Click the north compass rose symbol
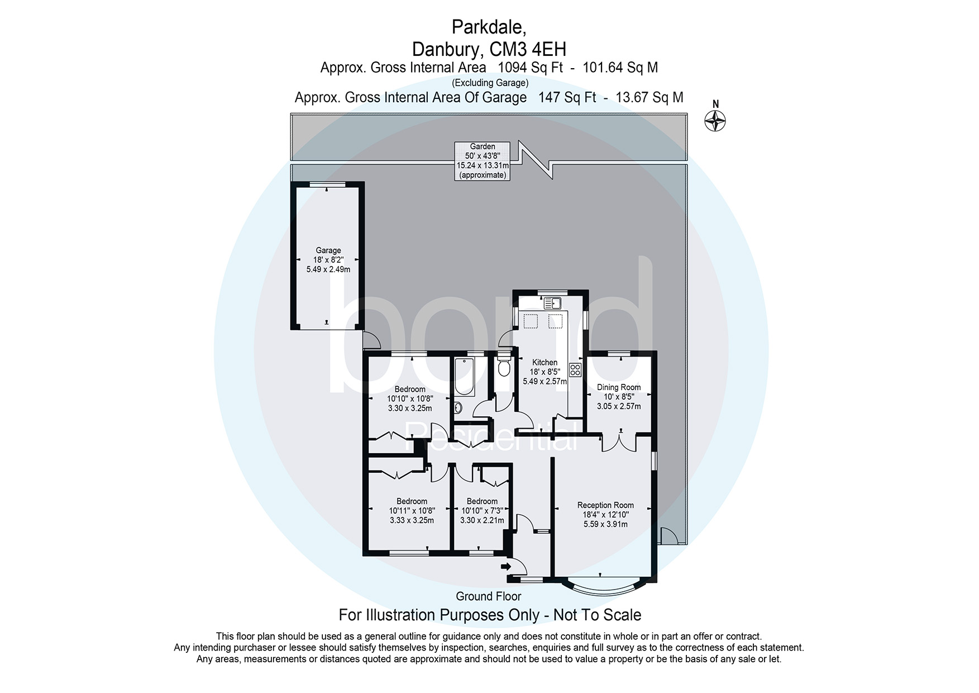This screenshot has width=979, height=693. (x=715, y=120)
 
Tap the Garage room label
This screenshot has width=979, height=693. (x=328, y=251)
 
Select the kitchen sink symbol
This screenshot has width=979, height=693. (x=552, y=303)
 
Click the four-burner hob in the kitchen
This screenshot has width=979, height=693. (x=575, y=369)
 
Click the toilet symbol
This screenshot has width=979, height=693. (x=504, y=368)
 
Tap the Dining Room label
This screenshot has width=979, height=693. (x=619, y=387)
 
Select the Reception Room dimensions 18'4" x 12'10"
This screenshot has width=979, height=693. (x=605, y=515)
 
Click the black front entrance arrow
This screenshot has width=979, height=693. (x=506, y=567)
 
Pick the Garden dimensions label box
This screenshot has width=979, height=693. (x=483, y=161)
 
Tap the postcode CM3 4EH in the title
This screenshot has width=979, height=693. (x=528, y=49)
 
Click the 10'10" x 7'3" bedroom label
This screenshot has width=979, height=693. (x=482, y=511)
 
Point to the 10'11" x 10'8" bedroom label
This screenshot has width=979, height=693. (x=412, y=511)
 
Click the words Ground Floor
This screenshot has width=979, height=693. (x=489, y=596)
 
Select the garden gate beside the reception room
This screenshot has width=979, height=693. (x=669, y=536)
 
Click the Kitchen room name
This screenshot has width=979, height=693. (x=545, y=362)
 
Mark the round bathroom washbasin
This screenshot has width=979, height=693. (x=457, y=407)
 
